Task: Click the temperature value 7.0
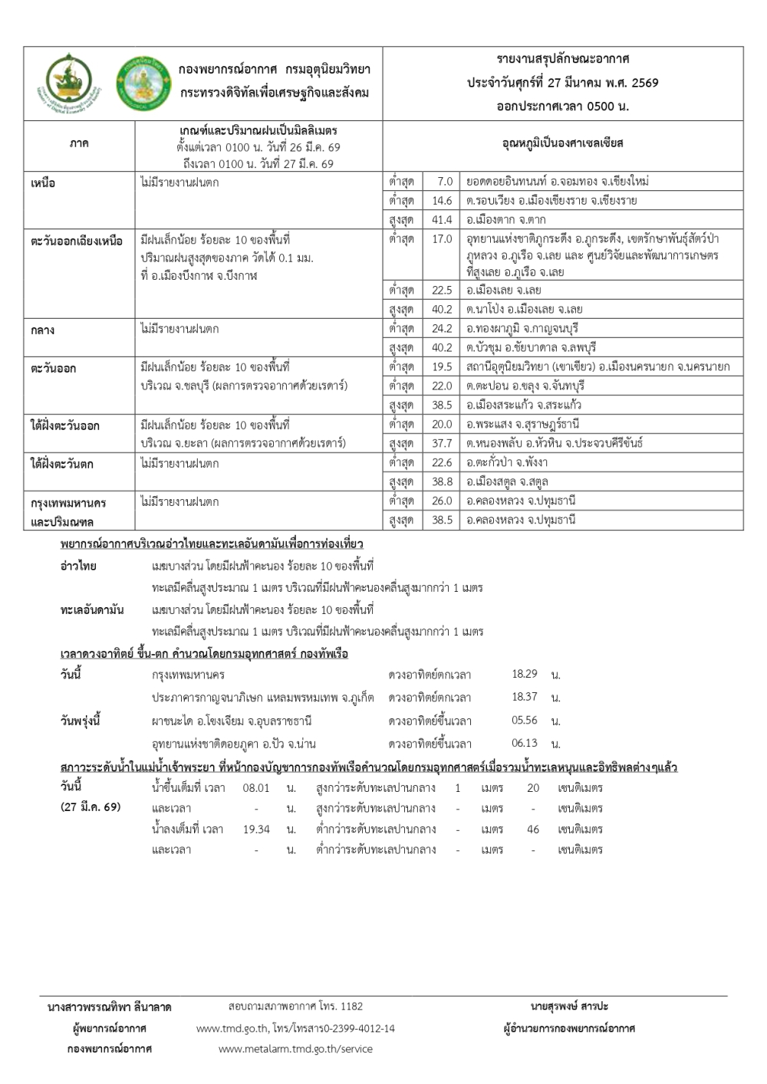point(445,182)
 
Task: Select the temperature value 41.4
point(442,219)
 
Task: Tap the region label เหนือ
point(43,183)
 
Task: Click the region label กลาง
point(42,330)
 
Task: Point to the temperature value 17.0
point(442,238)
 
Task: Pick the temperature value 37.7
point(442,443)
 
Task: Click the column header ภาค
point(79,143)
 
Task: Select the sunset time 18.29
point(525,674)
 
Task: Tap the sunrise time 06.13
point(525,743)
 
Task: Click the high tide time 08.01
point(256,787)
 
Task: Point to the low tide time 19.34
point(256,829)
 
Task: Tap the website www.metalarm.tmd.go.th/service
point(295,1049)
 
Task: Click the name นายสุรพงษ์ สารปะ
point(569,1006)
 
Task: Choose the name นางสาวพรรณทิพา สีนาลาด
point(109,1007)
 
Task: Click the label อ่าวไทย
point(78,566)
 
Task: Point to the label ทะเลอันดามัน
point(92,609)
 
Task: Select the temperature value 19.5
point(442,366)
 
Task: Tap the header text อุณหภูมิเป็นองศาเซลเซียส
point(563,143)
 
